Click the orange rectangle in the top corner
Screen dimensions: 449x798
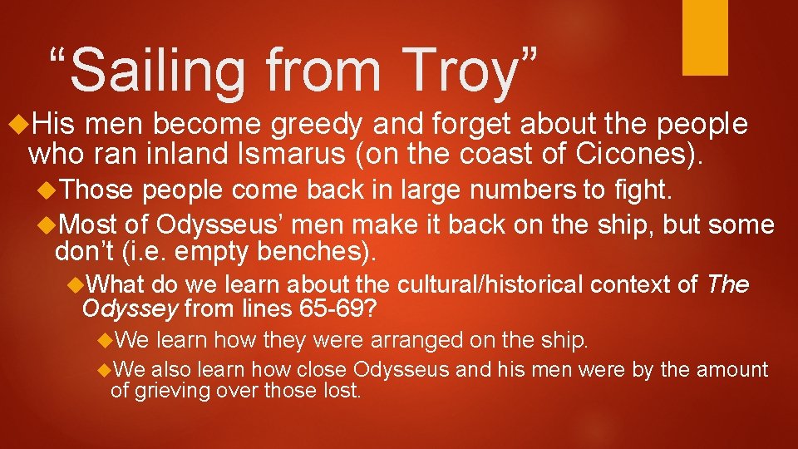[705, 37]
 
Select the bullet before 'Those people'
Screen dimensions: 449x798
[47, 190]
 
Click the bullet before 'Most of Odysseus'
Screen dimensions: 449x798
[47, 224]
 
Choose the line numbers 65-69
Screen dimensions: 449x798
[340, 310]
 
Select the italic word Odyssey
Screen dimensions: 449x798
[130, 310]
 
